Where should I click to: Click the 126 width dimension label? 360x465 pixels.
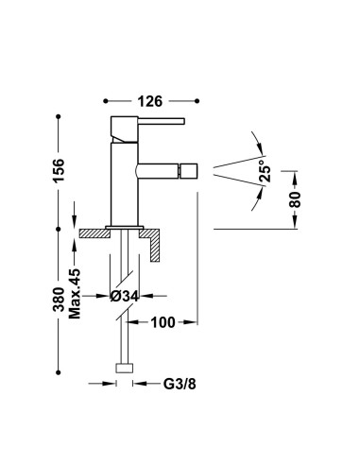(150, 101)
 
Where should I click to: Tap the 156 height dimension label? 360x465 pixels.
(59, 170)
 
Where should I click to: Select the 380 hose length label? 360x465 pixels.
(59, 300)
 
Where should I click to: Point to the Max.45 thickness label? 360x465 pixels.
(75, 294)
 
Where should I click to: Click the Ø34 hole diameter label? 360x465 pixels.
(124, 296)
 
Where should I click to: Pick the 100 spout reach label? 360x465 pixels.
(163, 322)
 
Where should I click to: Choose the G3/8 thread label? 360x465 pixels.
(180, 384)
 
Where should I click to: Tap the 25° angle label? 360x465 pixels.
(265, 171)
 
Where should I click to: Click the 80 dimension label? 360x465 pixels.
(295, 199)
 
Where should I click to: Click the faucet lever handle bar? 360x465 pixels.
(162, 121)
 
